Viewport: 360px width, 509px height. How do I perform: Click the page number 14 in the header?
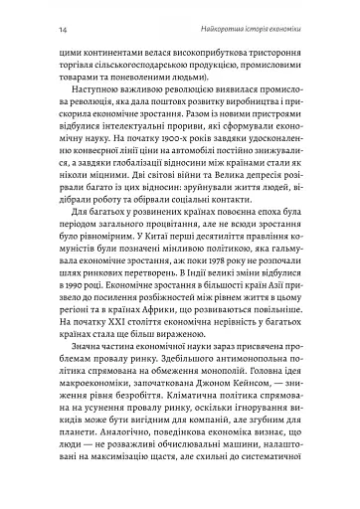tap(64, 16)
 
